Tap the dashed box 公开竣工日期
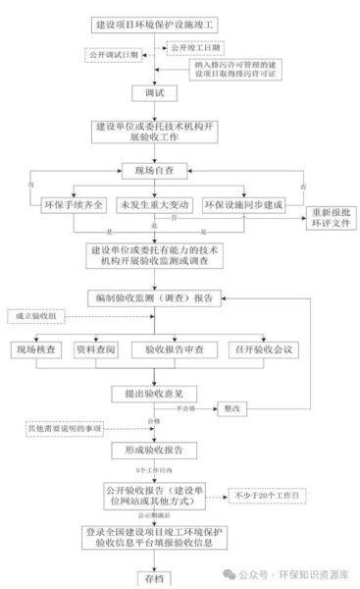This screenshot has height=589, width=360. click(195, 47)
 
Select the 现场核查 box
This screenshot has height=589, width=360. click(35, 348)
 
